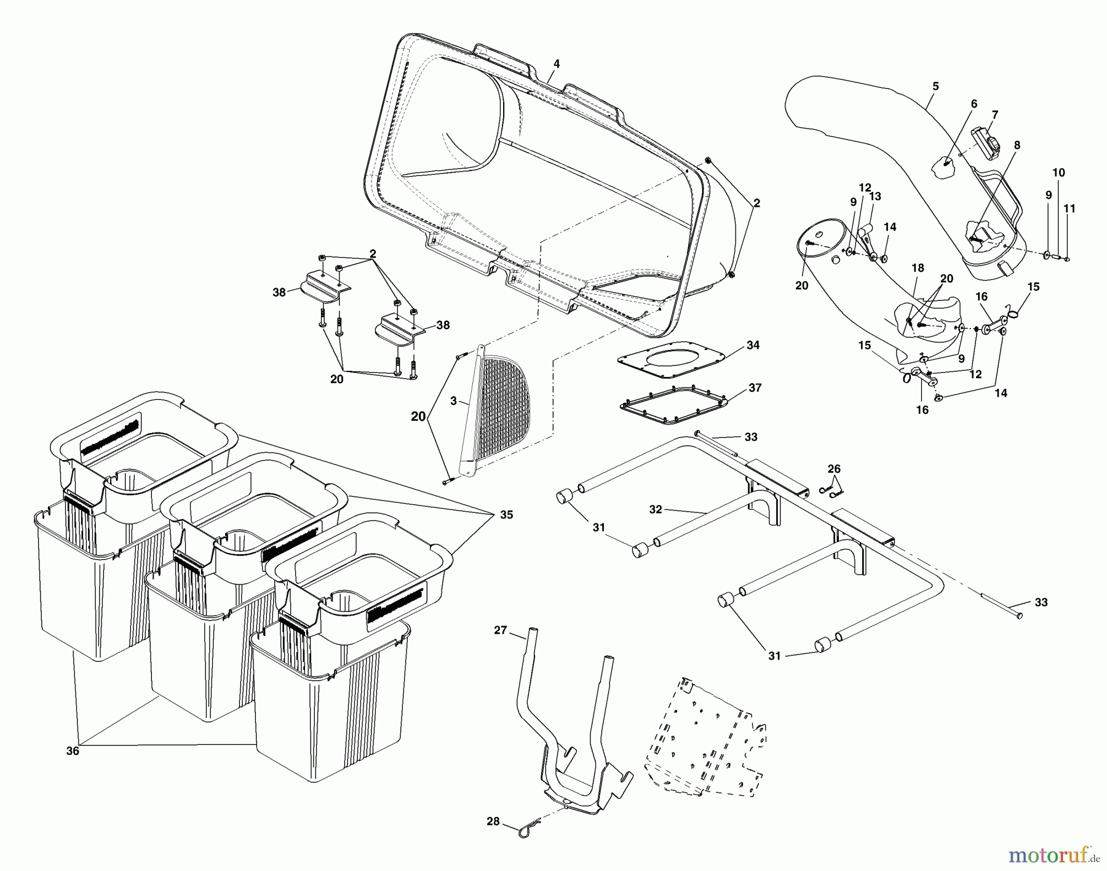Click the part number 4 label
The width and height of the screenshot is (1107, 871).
point(556,63)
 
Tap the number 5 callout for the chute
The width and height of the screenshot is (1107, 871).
point(935,87)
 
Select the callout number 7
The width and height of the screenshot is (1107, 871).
point(994,114)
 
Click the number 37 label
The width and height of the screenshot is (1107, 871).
point(755,388)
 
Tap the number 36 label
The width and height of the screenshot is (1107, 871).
point(73,750)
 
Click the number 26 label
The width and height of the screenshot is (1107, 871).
point(833,469)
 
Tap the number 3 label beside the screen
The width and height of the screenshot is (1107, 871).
point(453,401)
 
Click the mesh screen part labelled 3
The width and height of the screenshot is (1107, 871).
point(498,406)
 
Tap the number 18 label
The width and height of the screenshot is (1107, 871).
point(918,268)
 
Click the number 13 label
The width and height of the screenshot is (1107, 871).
point(875,196)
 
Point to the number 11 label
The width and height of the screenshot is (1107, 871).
point(1069,209)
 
